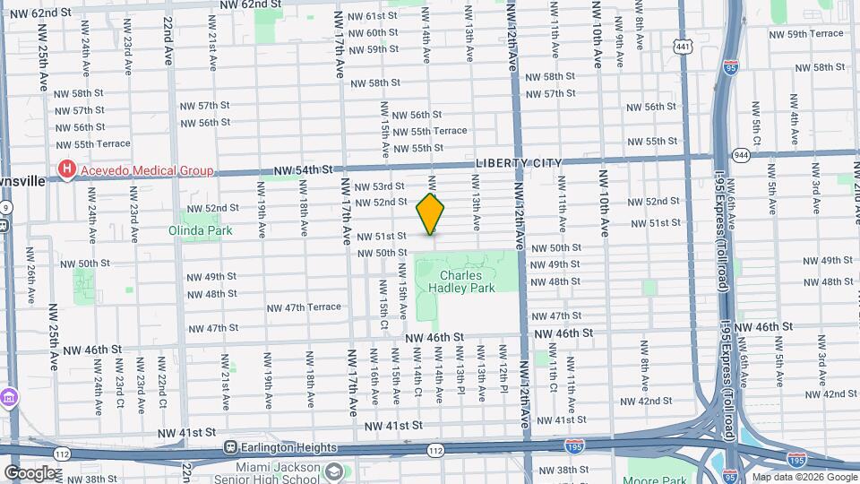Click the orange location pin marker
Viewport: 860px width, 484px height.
coord(431,214)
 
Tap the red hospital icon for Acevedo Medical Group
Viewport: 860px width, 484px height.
coord(66,169)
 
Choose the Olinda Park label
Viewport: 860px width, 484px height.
coord(201,230)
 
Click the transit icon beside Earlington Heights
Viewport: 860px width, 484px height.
coord(230,447)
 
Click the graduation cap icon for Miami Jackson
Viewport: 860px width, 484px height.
coord(333,471)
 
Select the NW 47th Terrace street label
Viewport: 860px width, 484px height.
coord(301,307)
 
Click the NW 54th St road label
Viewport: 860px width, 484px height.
coord(303,169)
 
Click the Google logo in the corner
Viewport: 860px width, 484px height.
coord(30,472)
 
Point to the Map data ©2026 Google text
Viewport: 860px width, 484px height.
coord(803,477)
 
